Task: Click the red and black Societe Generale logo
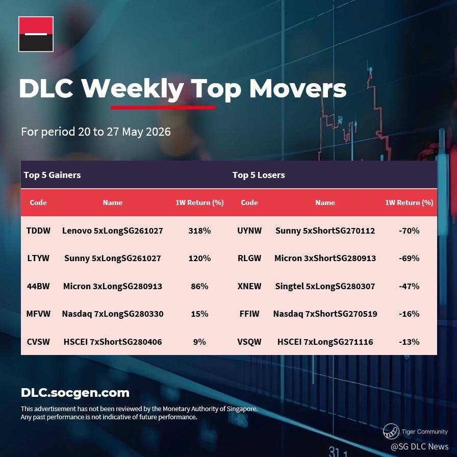36,34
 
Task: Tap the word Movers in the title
297,88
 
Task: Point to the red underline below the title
163,108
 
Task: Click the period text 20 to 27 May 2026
124,132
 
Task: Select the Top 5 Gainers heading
52,175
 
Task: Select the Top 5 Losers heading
259,175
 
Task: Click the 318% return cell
199,231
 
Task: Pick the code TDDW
38,231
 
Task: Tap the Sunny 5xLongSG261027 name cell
113,258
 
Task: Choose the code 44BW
38,286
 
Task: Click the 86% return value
199,286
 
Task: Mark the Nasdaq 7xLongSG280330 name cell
113,314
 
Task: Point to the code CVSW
38,342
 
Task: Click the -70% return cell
409,231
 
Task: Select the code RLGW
249,258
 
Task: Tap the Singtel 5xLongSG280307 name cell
325,286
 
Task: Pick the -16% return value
409,314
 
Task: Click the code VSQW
249,342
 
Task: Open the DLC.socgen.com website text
75,393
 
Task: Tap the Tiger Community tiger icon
391,431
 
